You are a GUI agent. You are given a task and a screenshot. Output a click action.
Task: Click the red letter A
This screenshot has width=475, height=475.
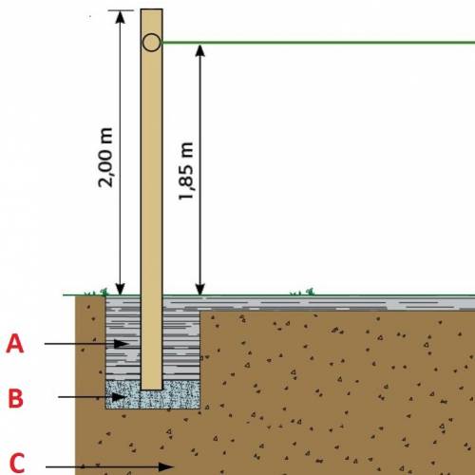[15, 344]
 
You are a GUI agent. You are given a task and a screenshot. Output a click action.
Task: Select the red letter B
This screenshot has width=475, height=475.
[15, 398]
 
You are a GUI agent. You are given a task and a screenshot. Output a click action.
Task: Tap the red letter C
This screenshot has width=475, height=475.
[17, 463]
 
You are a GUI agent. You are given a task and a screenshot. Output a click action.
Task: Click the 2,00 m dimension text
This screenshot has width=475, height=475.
[105, 158]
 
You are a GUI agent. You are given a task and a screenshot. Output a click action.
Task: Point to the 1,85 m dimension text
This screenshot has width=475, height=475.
[185, 171]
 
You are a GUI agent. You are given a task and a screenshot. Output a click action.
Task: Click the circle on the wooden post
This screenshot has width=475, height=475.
[151, 43]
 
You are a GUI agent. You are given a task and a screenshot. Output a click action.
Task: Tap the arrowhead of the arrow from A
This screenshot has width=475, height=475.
[121, 344]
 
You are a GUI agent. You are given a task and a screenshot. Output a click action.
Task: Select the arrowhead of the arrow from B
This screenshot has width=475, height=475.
[120, 397]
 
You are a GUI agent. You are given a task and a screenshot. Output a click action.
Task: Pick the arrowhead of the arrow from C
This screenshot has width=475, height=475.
[165, 466]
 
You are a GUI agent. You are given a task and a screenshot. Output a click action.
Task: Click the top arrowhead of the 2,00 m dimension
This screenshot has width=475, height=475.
[120, 17]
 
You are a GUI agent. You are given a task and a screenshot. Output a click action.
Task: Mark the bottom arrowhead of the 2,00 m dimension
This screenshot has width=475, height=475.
[120, 289]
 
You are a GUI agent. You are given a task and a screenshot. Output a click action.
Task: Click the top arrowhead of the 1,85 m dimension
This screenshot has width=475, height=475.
[199, 51]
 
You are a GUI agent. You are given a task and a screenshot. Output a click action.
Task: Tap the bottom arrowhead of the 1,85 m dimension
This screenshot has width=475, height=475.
[199, 289]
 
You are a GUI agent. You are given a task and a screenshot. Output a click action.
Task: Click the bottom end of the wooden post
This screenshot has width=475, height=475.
[152, 389]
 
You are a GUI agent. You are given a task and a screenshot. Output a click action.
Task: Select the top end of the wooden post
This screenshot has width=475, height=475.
[152, 9]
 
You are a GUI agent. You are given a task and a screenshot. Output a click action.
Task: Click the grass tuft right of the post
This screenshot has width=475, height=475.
[302, 292]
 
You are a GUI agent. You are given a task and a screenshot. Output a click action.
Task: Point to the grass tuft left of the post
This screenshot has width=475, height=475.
[97, 292]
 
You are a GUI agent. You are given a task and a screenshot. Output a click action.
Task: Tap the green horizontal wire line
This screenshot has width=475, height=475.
[318, 42]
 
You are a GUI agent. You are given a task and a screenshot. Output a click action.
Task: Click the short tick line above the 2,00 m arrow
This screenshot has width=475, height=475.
[121, 10]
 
